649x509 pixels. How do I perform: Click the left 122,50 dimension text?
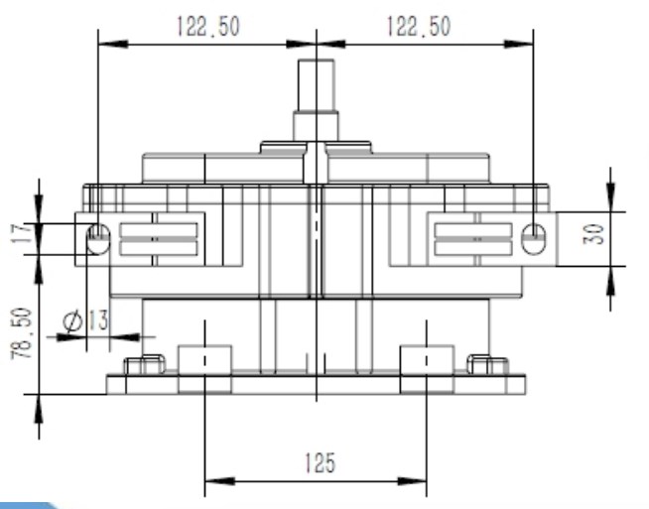[x=207, y=26]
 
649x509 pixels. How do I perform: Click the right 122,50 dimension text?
[x=421, y=26]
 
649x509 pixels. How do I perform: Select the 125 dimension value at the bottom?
[x=318, y=462]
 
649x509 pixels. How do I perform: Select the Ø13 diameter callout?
[x=84, y=320]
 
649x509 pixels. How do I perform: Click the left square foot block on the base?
[x=203, y=368]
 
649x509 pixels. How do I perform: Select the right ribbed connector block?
[x=473, y=239]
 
